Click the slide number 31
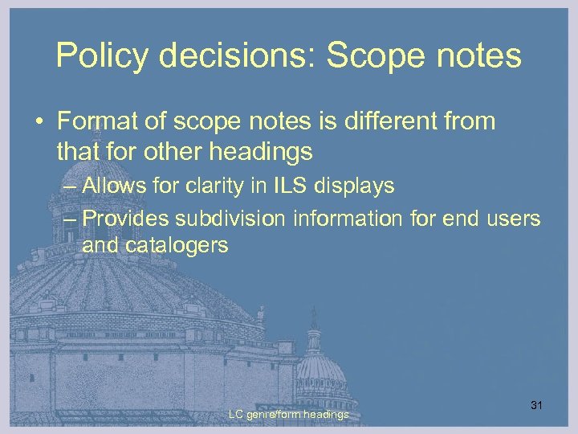pyautogui.click(x=537, y=405)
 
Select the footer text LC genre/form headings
pyautogui.click(x=288, y=415)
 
